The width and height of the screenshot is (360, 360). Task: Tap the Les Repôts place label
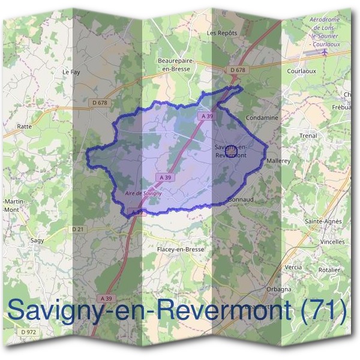tap(222, 33)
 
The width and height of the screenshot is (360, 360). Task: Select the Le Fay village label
tap(71, 71)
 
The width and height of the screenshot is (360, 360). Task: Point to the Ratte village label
tap(25, 127)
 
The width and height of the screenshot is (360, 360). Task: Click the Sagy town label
tap(37, 240)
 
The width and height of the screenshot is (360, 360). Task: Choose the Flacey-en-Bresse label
tap(180, 249)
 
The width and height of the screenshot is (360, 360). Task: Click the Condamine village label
tap(262, 118)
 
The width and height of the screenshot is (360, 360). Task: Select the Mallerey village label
tap(278, 161)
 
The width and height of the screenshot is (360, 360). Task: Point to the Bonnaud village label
tap(241, 199)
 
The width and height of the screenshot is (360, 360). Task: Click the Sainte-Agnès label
tap(323, 221)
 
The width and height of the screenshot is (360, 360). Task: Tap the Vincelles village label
tap(332, 242)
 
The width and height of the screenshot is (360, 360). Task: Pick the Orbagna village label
tap(279, 289)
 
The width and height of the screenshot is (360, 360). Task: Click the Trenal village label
tap(308, 136)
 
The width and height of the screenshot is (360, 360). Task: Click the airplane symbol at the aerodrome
tap(325, 52)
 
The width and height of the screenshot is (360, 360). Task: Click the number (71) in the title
tap(325, 310)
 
